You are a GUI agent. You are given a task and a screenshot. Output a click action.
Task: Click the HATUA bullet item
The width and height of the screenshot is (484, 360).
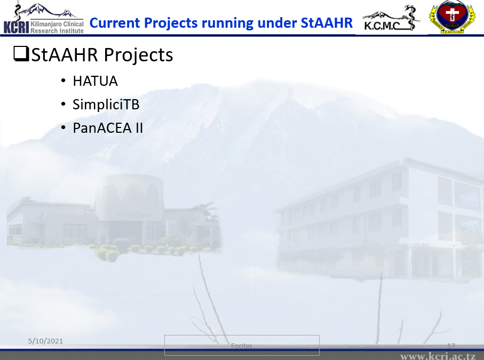pyautogui.click(x=95, y=81)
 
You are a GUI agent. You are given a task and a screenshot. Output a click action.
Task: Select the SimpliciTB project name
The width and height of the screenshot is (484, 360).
pyautogui.click(x=106, y=105)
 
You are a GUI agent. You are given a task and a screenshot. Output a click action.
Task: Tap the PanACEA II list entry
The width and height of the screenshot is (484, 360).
pyautogui.click(x=108, y=128)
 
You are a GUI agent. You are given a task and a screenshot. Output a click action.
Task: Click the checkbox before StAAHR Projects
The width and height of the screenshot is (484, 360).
pyautogui.click(x=21, y=54)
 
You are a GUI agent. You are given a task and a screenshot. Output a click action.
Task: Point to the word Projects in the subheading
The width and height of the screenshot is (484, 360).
pyautogui.click(x=138, y=55)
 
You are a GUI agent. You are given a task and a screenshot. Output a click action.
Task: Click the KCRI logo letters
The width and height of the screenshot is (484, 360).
pyautogui.click(x=16, y=27)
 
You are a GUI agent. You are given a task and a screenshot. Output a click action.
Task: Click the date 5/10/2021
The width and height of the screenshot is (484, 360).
pyautogui.click(x=45, y=341)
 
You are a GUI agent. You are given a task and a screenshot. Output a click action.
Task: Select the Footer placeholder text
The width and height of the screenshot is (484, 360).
pyautogui.click(x=242, y=346)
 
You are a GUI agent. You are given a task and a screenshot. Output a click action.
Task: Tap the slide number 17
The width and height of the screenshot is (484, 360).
pyautogui.click(x=451, y=346)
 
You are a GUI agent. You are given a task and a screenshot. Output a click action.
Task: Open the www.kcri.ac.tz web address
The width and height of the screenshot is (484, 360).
pyautogui.click(x=438, y=356)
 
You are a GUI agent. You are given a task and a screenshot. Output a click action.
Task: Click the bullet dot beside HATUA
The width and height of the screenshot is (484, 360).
pyautogui.click(x=64, y=81)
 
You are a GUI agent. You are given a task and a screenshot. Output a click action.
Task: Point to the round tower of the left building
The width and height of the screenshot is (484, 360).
pyautogui.click(x=129, y=197)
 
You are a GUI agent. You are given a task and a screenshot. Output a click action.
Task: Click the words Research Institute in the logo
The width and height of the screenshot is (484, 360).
pyautogui.click(x=57, y=30)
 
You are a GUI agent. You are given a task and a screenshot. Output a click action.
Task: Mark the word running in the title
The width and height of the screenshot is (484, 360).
pyautogui.click(x=228, y=23)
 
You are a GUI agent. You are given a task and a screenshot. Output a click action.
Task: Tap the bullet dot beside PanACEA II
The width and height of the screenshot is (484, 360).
pyautogui.click(x=64, y=127)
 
